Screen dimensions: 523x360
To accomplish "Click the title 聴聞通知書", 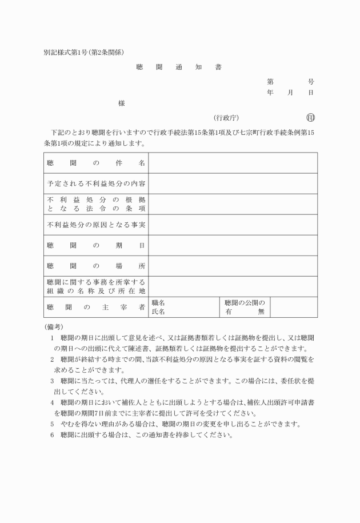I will point(179,67).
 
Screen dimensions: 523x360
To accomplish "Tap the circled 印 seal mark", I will point(311,118).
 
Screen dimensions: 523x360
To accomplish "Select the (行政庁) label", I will point(226,118).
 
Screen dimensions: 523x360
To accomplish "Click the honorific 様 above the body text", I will point(122,103).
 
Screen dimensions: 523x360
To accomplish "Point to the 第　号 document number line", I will point(290,82).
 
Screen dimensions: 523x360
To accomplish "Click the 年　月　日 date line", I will point(290,93).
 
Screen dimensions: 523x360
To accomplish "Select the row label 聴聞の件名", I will point(96,163).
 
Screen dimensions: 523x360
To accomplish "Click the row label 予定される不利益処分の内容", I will point(96,184).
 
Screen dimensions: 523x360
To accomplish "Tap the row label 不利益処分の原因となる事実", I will point(96,225).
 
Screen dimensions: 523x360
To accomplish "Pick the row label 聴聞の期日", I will point(96,246).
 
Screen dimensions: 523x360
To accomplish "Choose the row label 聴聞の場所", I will point(96,266).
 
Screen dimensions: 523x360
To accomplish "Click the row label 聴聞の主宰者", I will point(96,308).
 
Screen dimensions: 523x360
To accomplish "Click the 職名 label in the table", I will point(158,303).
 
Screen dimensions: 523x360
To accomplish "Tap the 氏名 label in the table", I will point(158,312).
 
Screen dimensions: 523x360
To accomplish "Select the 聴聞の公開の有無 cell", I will point(245,308).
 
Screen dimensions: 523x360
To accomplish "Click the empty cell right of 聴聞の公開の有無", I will point(294,308).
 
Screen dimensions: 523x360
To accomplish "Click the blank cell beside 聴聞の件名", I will point(233,163).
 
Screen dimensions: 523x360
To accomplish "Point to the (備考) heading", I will point(54,326).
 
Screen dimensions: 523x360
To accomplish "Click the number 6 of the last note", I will point(52,434).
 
